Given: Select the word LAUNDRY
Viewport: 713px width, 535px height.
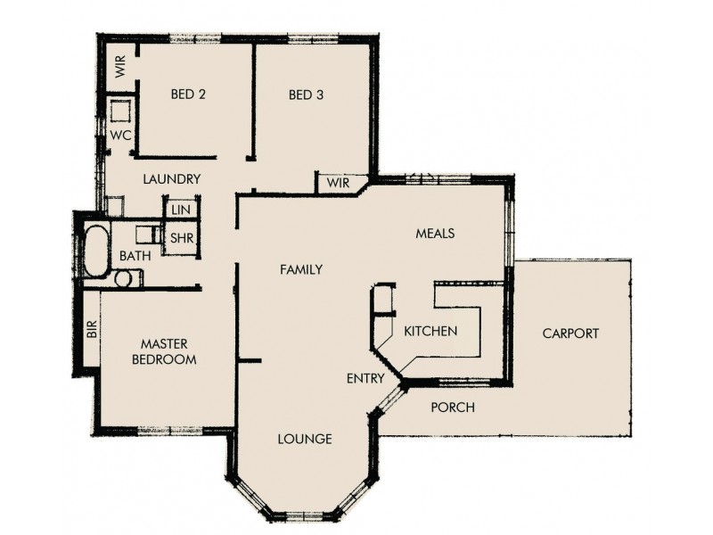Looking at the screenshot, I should pyautogui.click(x=172, y=179).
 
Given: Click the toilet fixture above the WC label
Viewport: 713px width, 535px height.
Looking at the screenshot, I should pyautogui.click(x=119, y=111).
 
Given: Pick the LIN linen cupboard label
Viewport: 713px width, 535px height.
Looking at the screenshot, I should pyautogui.click(x=181, y=209).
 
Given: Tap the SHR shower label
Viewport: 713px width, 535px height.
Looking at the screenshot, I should pyautogui.click(x=182, y=239).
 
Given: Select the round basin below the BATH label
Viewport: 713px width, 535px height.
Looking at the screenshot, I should pyautogui.click(x=124, y=278).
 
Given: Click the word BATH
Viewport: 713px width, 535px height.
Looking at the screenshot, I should pyautogui.click(x=135, y=256).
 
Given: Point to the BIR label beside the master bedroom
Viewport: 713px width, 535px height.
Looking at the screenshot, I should pyautogui.click(x=91, y=330).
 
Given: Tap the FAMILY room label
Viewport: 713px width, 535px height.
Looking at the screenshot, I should pyautogui.click(x=300, y=269).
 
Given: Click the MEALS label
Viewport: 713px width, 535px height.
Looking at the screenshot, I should pyautogui.click(x=436, y=234).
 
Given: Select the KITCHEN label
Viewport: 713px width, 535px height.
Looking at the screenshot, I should pyautogui.click(x=430, y=331).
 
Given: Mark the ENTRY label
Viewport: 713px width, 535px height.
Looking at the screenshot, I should pyautogui.click(x=365, y=379).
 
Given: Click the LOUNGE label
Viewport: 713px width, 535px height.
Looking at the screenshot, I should pyautogui.click(x=305, y=439).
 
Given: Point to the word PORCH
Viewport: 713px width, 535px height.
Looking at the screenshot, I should pyautogui.click(x=453, y=407).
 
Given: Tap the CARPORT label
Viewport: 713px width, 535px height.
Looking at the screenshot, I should pyautogui.click(x=570, y=333).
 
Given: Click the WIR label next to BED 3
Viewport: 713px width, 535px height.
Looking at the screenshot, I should pyautogui.click(x=338, y=183).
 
